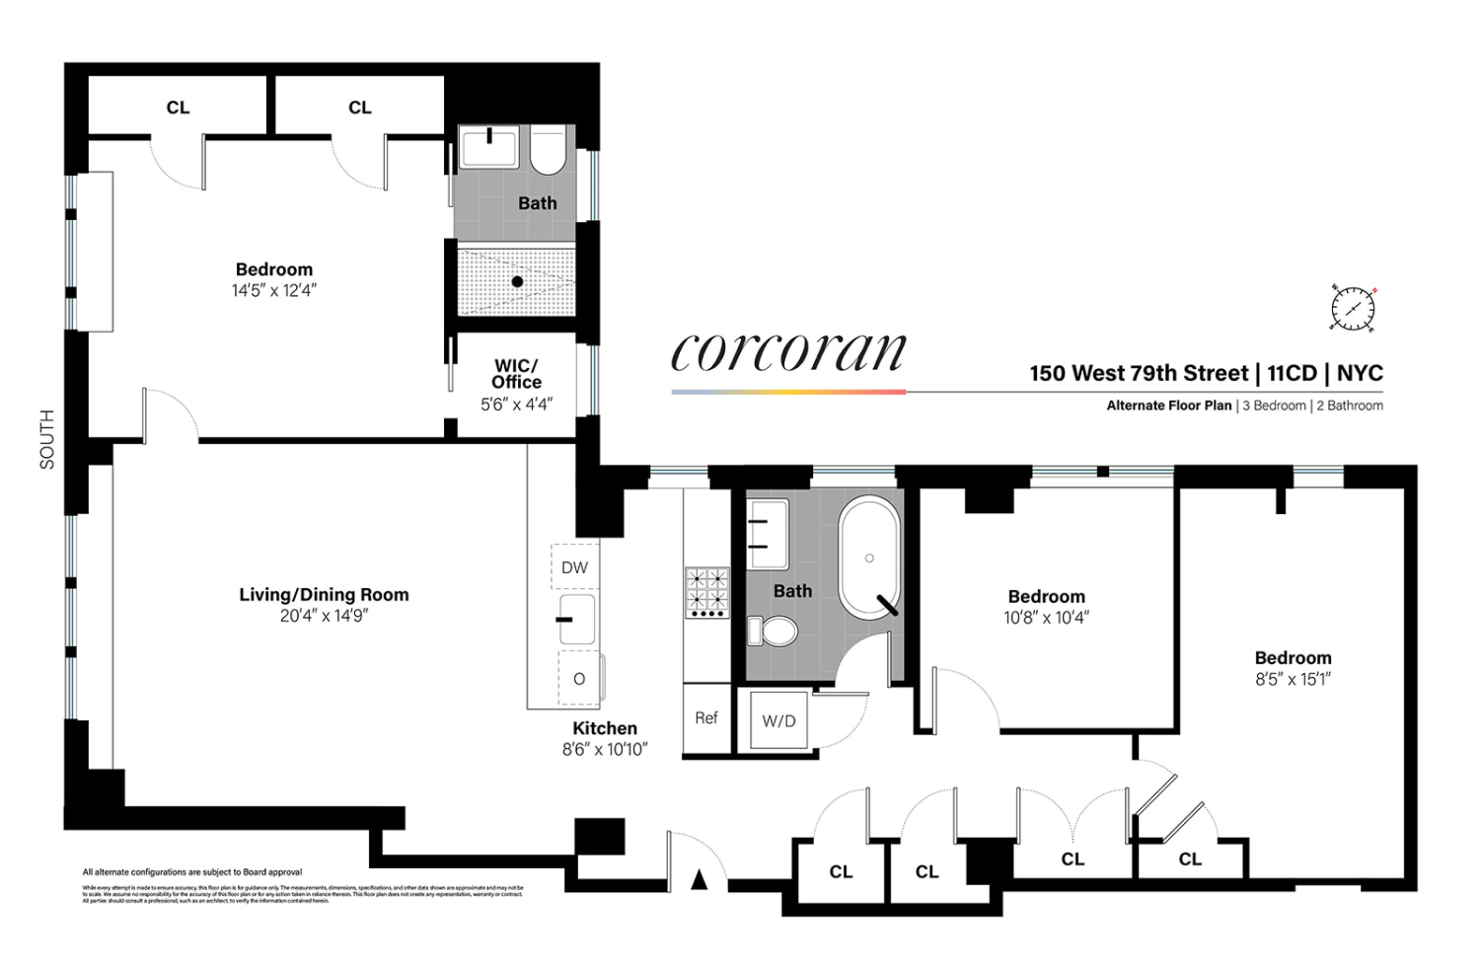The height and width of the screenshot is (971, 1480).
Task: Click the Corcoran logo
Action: point(787,352)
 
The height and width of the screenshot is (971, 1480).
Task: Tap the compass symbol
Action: point(1352,308)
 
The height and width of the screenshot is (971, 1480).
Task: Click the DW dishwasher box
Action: point(574,567)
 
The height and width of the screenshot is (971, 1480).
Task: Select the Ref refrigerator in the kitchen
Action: point(706,718)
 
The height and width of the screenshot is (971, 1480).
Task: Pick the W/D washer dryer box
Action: point(778,721)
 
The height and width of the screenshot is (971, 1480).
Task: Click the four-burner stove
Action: point(707,592)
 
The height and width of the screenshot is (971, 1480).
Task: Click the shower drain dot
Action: point(517,282)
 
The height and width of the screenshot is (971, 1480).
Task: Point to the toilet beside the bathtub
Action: point(773,629)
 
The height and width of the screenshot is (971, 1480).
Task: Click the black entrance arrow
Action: point(699,879)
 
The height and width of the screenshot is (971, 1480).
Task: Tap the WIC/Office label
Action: point(516,374)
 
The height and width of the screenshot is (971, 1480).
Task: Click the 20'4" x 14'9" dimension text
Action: point(324,616)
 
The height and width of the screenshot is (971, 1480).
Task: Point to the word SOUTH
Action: point(47,439)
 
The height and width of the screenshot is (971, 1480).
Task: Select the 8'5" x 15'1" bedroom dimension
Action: point(1293,679)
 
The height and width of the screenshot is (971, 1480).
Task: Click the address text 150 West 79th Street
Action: point(1139,373)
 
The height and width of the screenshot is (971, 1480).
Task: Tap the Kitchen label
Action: point(605,728)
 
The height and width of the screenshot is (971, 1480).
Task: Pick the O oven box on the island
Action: point(579,679)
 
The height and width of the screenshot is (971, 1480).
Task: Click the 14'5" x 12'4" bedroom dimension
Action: point(273,290)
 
